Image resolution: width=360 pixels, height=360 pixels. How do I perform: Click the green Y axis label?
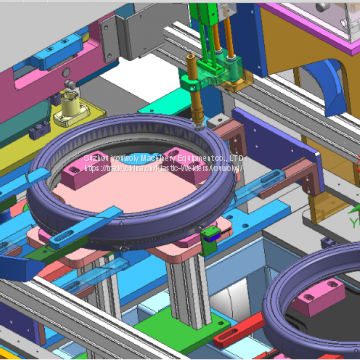click(353, 212)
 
